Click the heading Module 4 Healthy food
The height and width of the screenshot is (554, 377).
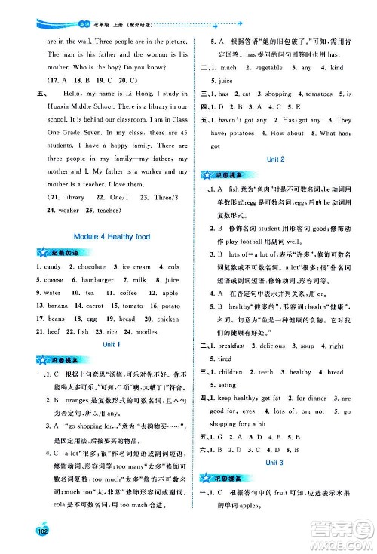point(108,237)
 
